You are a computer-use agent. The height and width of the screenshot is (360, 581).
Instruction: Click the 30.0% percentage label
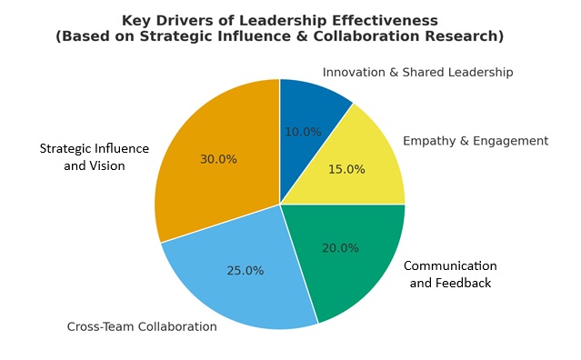[x=218, y=159]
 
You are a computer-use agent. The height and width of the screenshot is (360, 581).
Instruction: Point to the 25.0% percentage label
[x=245, y=271]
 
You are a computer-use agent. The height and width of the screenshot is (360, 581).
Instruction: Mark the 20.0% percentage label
[x=340, y=248]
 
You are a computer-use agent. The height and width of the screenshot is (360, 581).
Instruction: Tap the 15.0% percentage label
[x=346, y=169]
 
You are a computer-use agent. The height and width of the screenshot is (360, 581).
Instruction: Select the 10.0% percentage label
[x=303, y=132]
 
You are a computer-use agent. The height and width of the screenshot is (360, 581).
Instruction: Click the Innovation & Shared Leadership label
[x=417, y=72]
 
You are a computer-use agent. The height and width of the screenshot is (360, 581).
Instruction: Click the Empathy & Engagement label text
[x=475, y=141]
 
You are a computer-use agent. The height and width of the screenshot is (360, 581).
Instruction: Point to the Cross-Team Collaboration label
[x=142, y=326]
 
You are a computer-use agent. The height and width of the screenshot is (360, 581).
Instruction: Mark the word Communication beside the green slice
[x=450, y=265]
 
